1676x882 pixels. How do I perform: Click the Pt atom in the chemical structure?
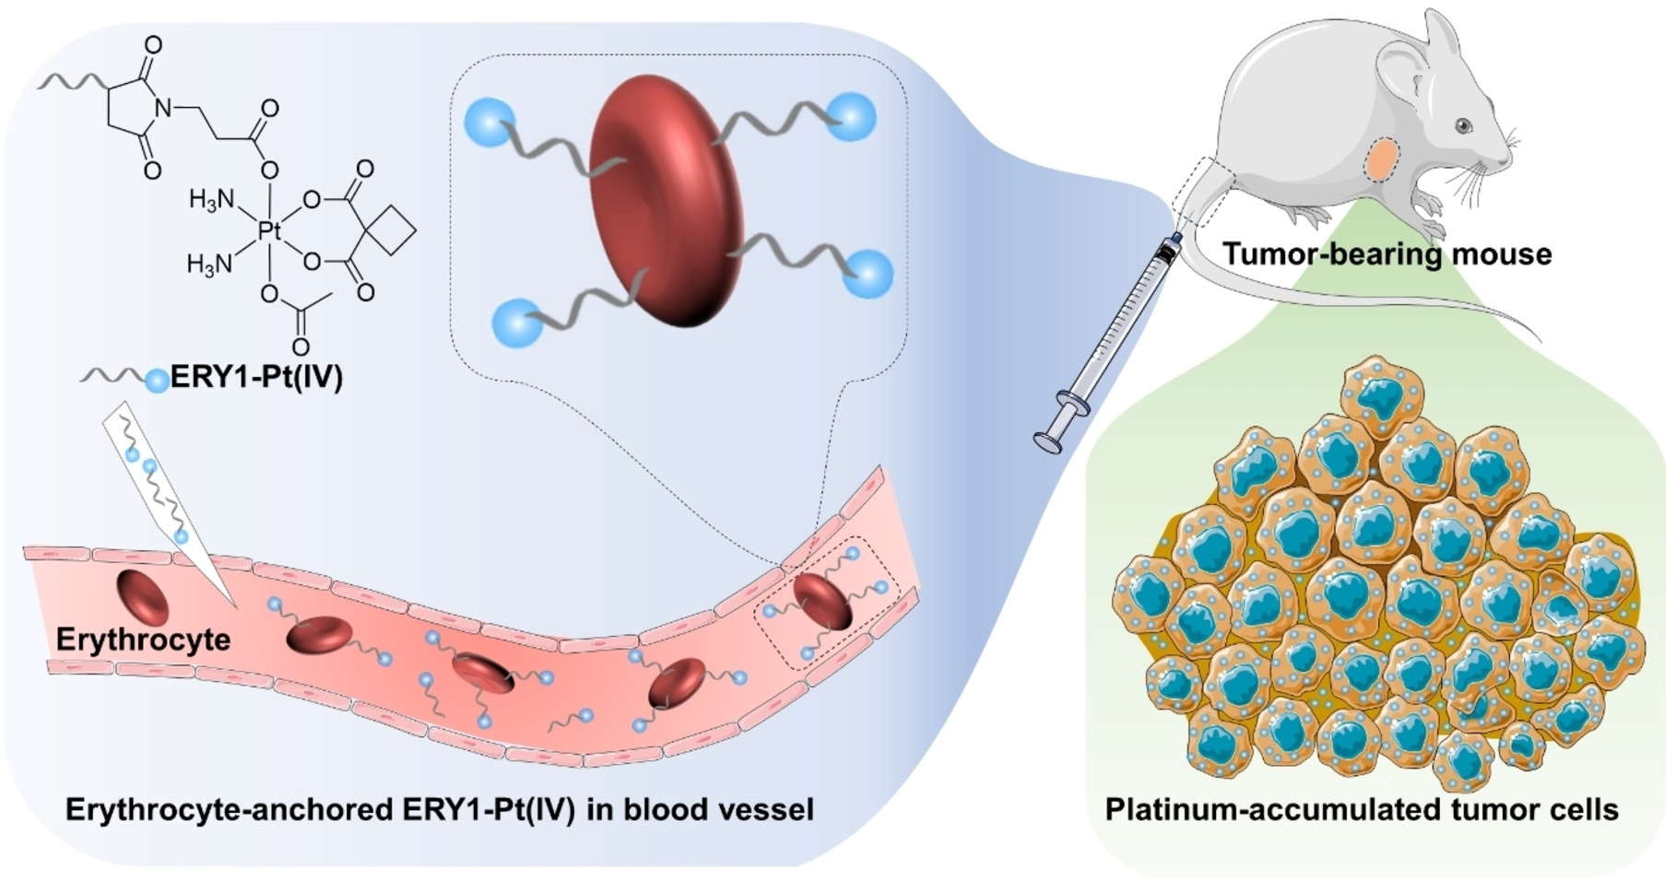coord(268,230)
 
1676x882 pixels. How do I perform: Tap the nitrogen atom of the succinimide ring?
coord(163,109)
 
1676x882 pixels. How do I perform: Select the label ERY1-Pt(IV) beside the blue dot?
coord(257,378)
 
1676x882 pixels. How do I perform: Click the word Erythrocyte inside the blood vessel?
coord(143,639)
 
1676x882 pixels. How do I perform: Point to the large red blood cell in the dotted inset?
coord(666,201)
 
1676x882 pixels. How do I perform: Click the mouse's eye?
coord(1463,125)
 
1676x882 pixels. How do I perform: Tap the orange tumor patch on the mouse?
coord(1383,159)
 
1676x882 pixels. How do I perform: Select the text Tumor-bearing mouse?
coord(1387,253)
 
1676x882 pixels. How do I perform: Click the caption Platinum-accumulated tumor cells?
coord(1362,809)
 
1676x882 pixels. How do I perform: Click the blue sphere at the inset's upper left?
coord(489,121)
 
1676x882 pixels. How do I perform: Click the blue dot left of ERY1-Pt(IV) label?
coord(158,379)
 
